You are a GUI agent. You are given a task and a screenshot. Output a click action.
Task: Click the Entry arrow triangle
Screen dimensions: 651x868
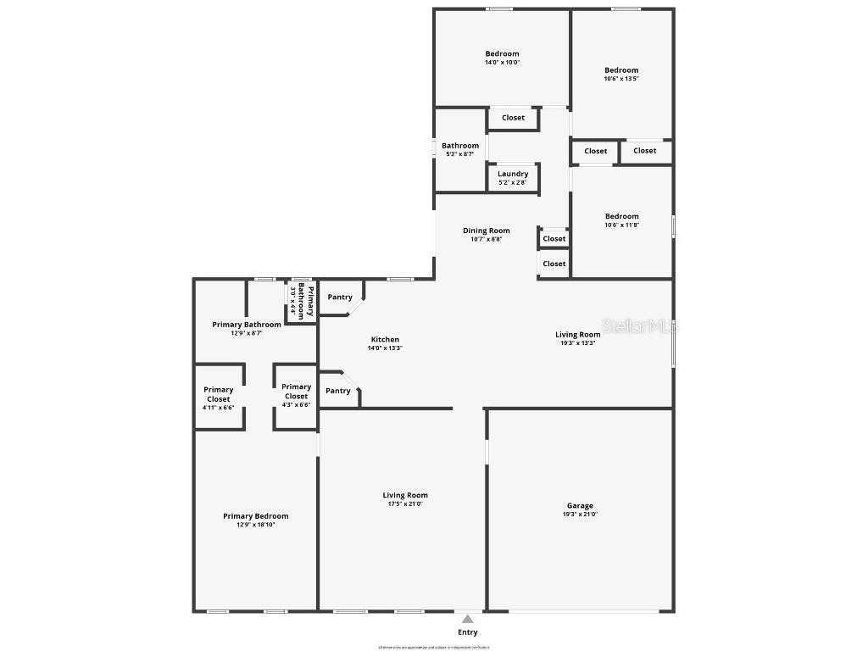[467, 619]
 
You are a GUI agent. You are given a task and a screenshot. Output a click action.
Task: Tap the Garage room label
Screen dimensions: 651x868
[580, 506]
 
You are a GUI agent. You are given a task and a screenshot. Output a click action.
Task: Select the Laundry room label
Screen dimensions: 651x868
[513, 174]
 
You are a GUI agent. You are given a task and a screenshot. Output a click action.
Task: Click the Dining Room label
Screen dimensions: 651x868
[487, 231]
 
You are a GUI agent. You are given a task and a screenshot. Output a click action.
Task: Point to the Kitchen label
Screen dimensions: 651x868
[385, 340]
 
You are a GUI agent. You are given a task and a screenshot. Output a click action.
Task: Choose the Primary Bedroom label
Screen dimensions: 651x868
[255, 516]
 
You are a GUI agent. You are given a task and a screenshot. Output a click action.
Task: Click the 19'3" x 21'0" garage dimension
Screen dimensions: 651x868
[580, 515]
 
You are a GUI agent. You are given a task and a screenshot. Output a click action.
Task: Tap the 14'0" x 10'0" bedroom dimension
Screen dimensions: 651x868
[502, 63]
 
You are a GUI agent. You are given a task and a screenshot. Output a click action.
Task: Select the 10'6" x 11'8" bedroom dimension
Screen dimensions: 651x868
[621, 225]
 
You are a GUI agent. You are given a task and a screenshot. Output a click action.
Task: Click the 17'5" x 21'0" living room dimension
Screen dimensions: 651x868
[405, 504]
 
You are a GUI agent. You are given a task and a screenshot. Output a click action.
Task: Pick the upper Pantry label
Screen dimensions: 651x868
[340, 298]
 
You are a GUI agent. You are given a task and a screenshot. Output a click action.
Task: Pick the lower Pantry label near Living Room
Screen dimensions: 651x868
[338, 391]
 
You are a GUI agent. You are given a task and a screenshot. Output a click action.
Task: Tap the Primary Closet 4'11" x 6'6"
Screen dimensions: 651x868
[219, 398]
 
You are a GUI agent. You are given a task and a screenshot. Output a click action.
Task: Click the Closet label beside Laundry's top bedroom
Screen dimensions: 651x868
[513, 118]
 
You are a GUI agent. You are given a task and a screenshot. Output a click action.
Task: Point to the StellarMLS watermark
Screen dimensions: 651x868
[640, 325]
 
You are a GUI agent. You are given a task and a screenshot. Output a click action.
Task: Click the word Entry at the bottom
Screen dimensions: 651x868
[468, 632]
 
